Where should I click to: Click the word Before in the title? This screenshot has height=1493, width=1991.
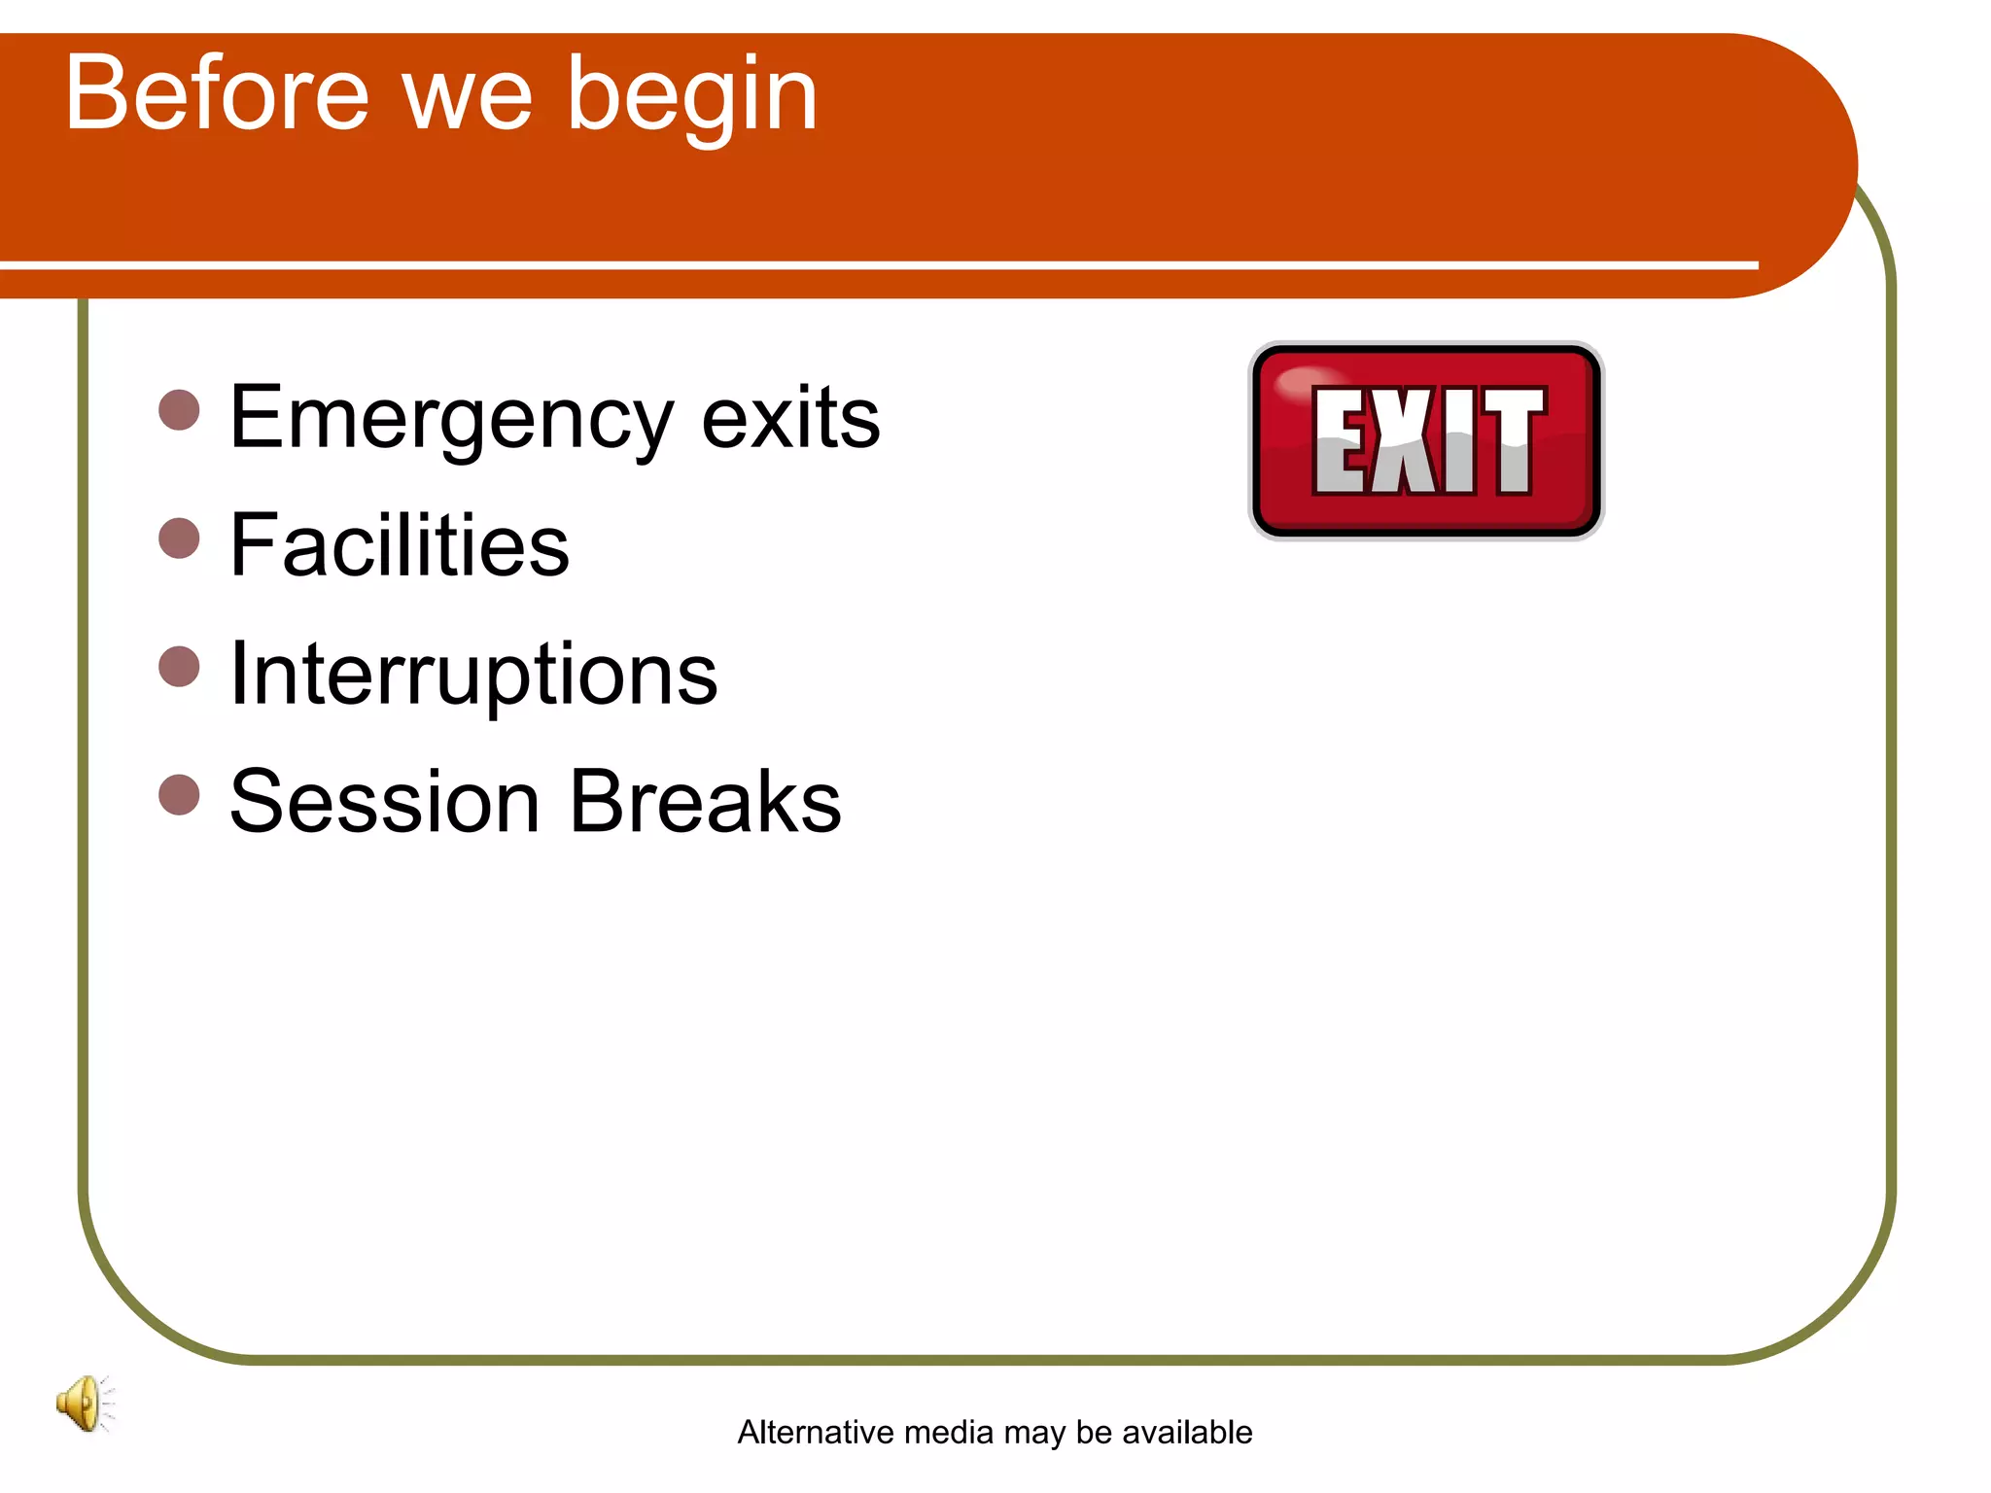pos(217,94)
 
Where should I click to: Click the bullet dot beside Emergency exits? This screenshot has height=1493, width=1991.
pos(179,410)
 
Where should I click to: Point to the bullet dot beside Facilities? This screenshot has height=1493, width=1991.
pos(179,538)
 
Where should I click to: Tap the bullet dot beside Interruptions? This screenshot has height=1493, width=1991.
pos(179,666)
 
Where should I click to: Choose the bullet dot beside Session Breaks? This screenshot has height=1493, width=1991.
pos(179,794)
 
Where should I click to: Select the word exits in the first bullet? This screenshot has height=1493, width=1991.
pos(790,418)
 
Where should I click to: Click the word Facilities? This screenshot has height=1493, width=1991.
pos(399,545)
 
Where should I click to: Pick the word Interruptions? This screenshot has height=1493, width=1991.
pos(473,675)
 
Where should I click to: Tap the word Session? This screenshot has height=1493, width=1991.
pos(384,802)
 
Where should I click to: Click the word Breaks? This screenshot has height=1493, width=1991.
pos(705,802)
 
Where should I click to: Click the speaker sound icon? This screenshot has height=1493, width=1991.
pos(85,1403)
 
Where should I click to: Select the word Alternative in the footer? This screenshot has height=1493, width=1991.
pos(816,1432)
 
